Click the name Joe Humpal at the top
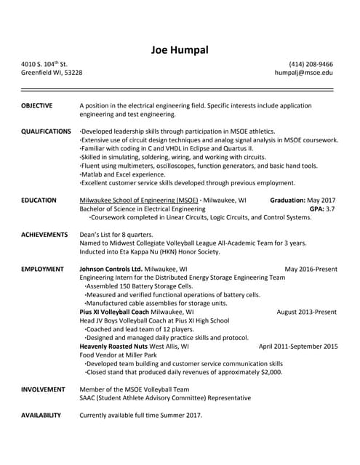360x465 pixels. coord(180,49)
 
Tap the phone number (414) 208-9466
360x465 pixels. coord(311,64)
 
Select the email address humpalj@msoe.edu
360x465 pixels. coord(304,73)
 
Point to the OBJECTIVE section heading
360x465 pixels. coord(36,105)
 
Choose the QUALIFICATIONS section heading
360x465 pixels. coord(46,131)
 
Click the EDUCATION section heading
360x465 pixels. coord(39,200)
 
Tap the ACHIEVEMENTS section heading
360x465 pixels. coord(44,235)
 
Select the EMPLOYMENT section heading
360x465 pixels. coord(42,269)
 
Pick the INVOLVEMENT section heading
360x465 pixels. coord(43,389)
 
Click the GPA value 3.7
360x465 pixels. coord(329,209)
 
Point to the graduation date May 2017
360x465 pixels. coord(321,200)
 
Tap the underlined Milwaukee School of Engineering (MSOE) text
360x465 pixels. coord(138,200)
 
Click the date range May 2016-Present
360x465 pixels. coord(311,269)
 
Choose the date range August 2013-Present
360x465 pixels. coord(306,312)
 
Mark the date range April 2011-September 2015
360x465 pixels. coord(298,347)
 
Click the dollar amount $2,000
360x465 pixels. coord(270,372)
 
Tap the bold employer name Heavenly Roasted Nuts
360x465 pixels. coord(113,347)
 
